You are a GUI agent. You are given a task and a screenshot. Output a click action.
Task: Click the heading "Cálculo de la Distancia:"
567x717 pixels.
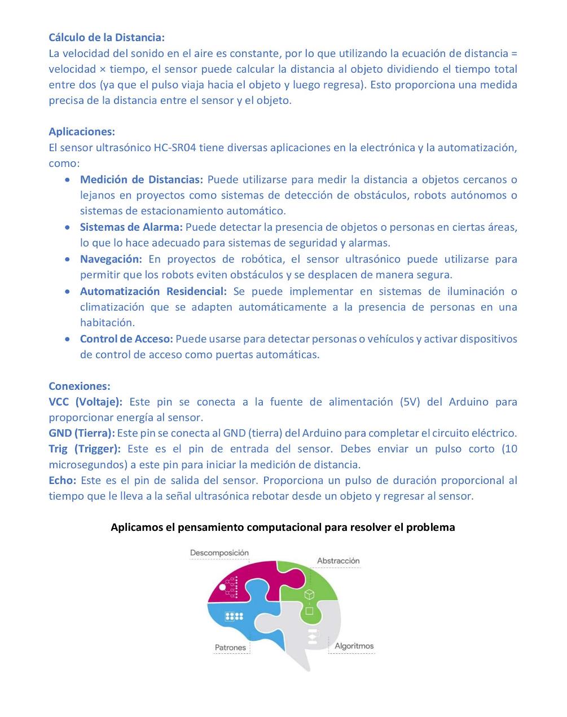[x=107, y=38]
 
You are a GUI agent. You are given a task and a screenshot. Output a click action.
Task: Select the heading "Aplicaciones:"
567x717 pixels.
[x=82, y=131]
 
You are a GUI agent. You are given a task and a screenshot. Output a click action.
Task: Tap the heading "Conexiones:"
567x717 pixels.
[x=80, y=386]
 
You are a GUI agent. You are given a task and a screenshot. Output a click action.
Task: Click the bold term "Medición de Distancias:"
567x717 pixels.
[x=141, y=179]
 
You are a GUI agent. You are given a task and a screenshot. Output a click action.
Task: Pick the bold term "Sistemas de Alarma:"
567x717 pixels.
[x=131, y=227]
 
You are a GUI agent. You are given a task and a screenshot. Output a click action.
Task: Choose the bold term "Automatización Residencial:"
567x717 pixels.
[x=153, y=291]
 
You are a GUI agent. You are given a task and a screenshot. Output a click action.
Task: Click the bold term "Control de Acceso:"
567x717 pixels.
[x=126, y=339]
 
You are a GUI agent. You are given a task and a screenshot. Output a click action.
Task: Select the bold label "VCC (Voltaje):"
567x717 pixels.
[x=85, y=402]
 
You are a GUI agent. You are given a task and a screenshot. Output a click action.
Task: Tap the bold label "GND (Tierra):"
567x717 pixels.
[x=82, y=433]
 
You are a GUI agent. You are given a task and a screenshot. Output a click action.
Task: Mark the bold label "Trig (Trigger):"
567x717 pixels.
[x=85, y=449]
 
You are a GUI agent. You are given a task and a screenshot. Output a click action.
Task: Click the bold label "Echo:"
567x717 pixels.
[x=62, y=481]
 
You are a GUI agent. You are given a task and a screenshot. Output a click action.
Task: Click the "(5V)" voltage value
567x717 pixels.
[x=410, y=402]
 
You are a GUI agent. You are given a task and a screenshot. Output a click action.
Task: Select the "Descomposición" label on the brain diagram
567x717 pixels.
[x=219, y=553]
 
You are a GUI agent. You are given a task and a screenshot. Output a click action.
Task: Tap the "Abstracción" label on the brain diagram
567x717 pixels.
[x=338, y=561]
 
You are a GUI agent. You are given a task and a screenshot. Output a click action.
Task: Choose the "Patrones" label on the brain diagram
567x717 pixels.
[x=230, y=648]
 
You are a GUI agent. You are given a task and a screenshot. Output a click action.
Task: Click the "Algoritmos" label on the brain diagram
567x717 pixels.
[x=354, y=646]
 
